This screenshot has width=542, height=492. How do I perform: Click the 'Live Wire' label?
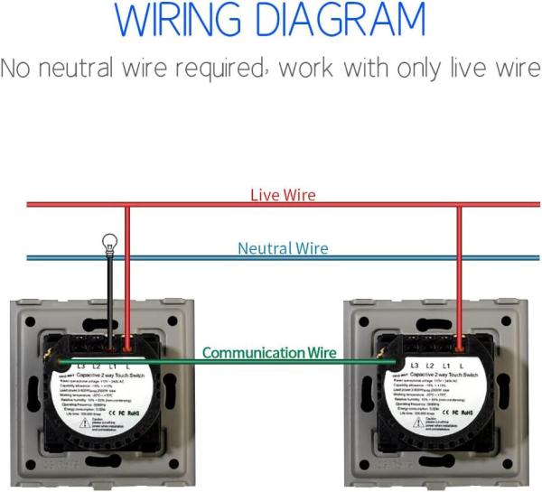[283, 195]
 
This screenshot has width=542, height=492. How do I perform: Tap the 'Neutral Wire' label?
[283, 248]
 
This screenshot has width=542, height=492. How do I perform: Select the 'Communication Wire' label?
[269, 353]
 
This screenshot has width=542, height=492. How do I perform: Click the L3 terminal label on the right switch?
[416, 365]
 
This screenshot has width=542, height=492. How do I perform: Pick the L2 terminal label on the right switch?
[432, 365]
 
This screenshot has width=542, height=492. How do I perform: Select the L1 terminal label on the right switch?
[446, 365]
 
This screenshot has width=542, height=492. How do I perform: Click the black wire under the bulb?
[110, 298]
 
